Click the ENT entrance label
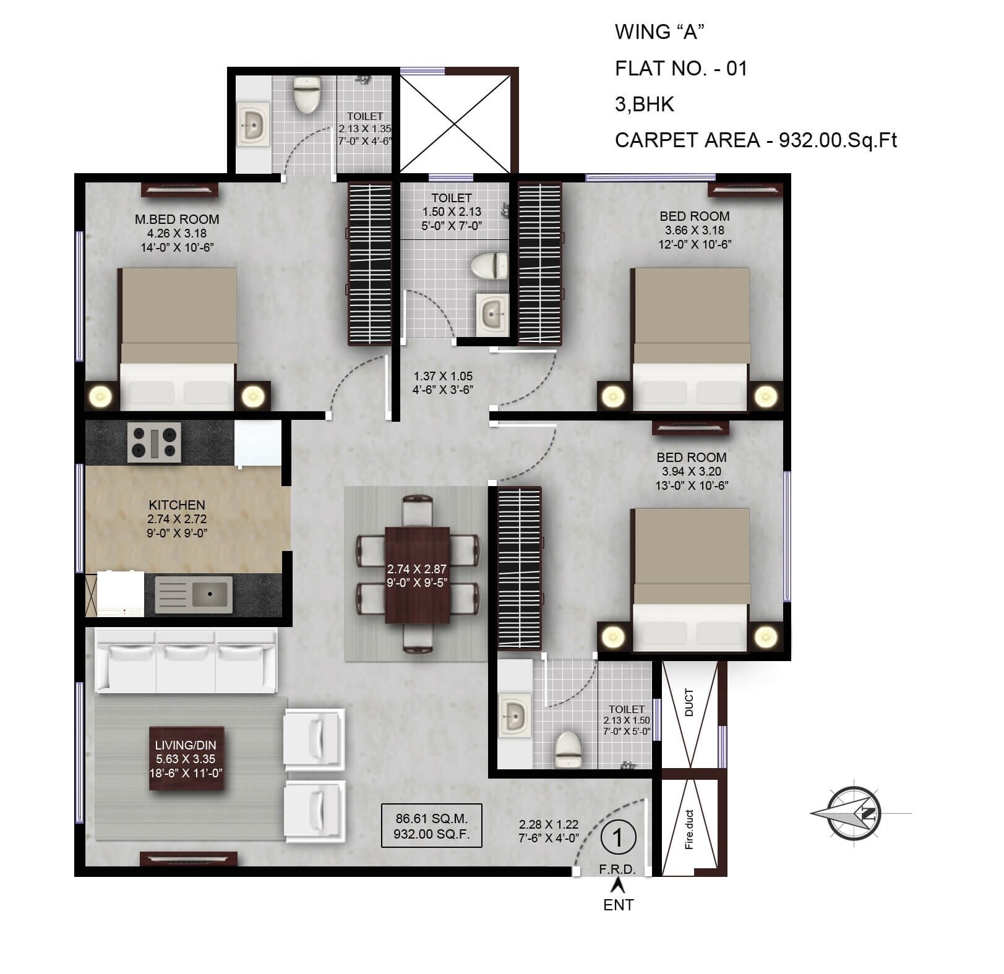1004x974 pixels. tap(618, 905)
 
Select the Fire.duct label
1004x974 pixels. tap(689, 829)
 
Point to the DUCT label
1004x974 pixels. tap(689, 702)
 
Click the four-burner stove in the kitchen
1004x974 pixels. tap(154, 442)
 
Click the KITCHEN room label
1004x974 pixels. tap(177, 505)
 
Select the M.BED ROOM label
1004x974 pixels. tap(177, 220)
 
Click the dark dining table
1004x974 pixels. tap(417, 575)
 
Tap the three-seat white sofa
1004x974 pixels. tap(185, 662)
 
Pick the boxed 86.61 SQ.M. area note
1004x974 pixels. tap(431, 826)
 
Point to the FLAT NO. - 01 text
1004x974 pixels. tap(681, 68)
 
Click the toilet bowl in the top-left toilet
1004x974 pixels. tap(307, 95)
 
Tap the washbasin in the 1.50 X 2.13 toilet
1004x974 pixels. tap(492, 314)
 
